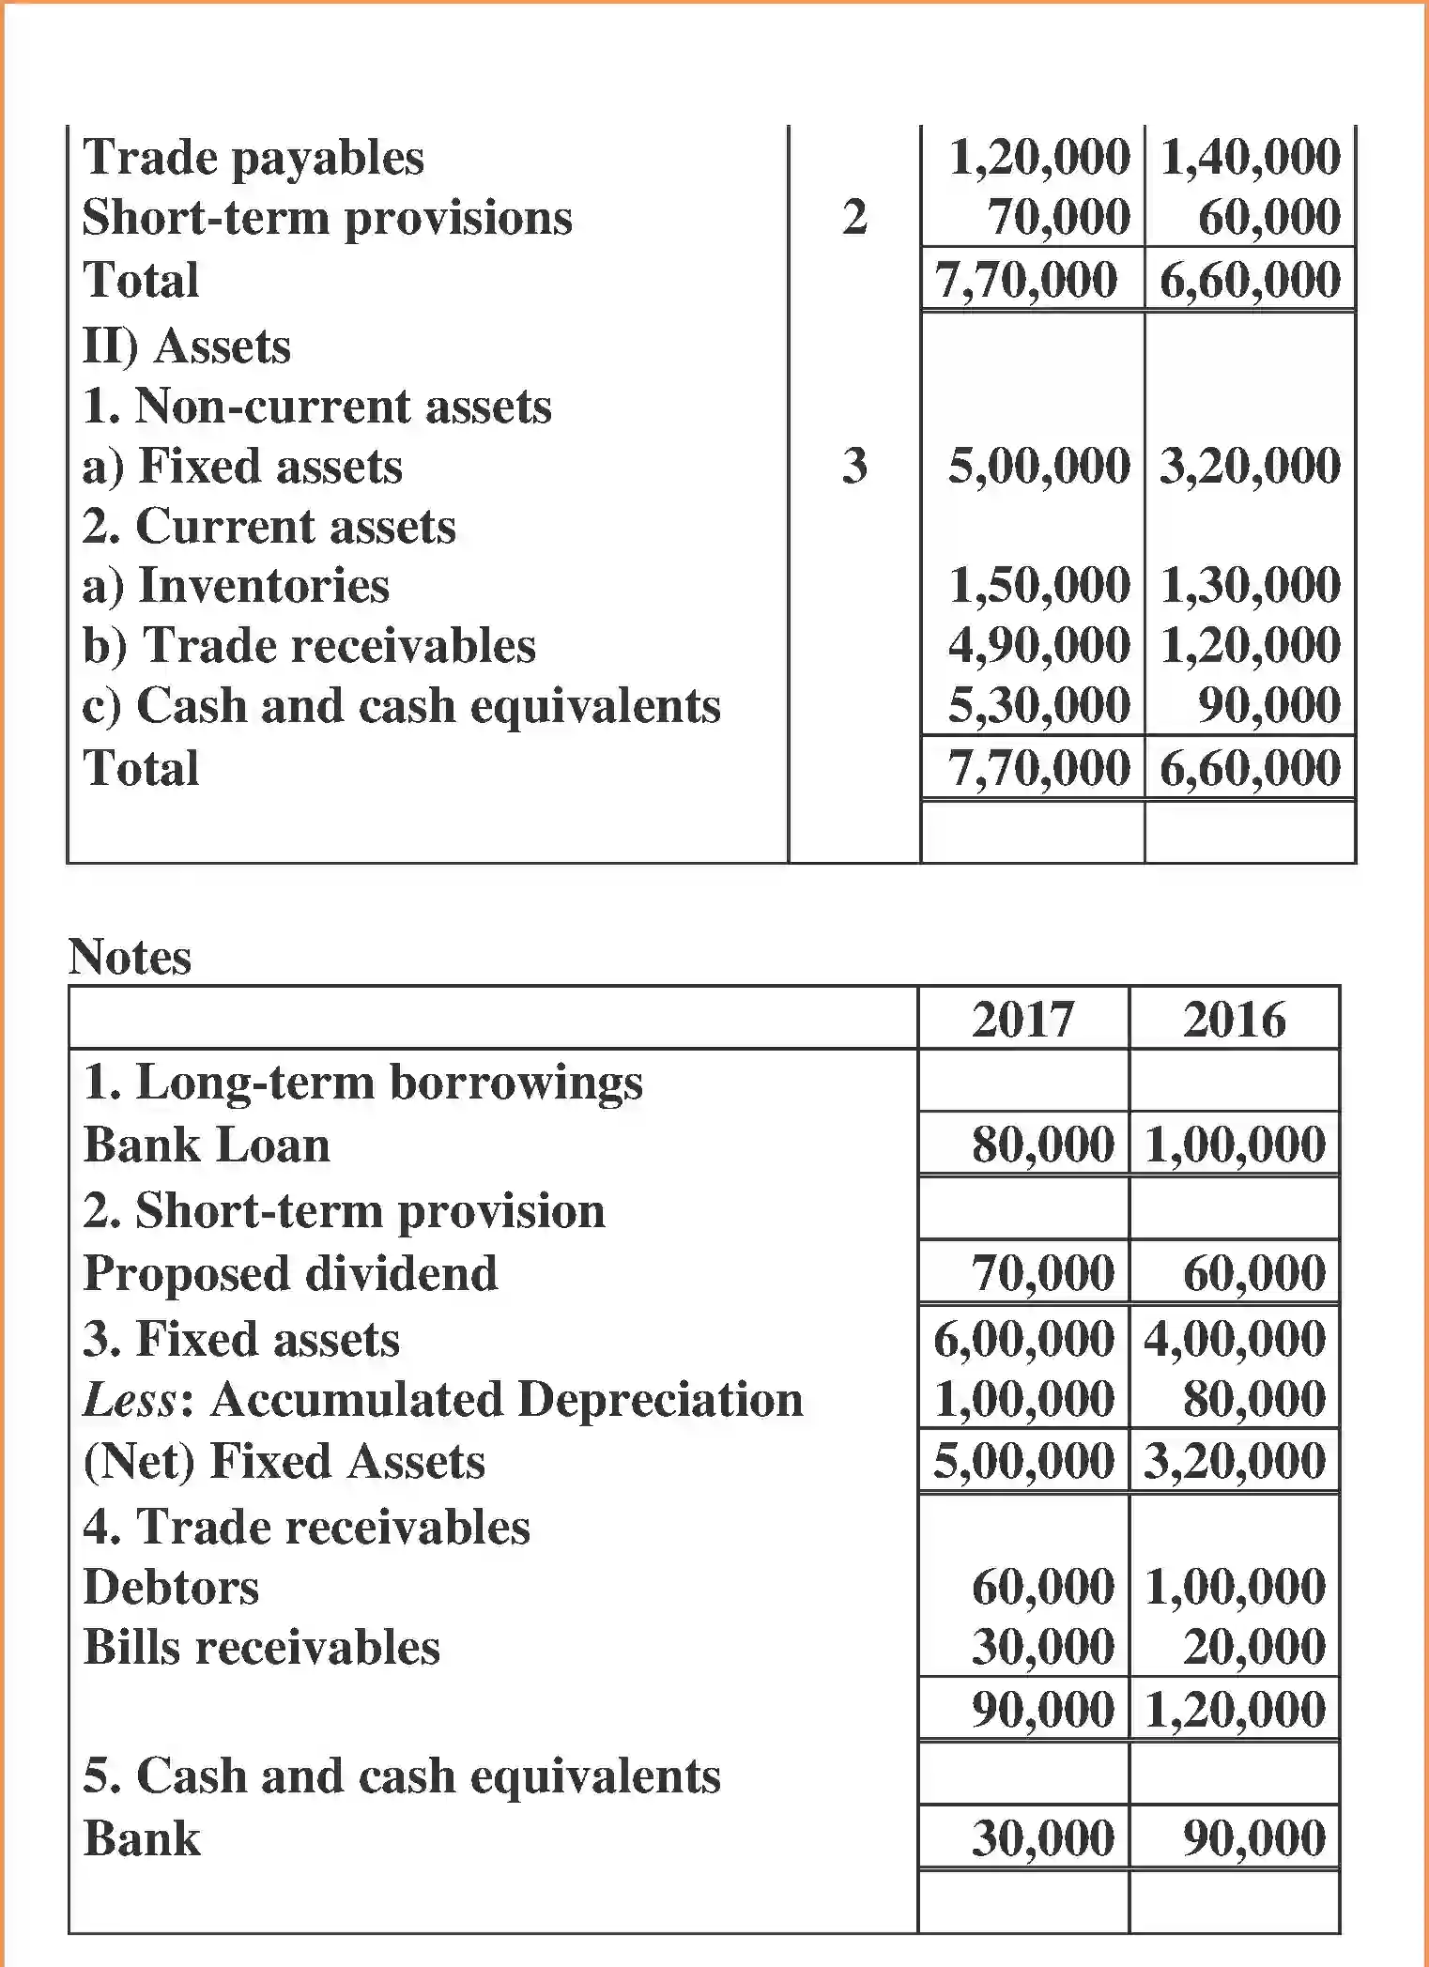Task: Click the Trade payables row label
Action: pos(254,157)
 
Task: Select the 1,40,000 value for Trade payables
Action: pos(1250,157)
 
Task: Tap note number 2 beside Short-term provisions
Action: pos(853,217)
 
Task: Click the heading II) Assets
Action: pos(187,346)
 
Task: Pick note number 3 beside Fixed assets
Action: pos(853,466)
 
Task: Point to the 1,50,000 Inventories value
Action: pos(1038,585)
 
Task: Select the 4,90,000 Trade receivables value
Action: pos(1038,645)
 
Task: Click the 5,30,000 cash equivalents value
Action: pos(1038,705)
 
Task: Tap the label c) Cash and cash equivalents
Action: pos(401,705)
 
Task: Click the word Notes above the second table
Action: pos(130,957)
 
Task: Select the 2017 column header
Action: pos(1022,1019)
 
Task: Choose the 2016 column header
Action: pos(1234,1019)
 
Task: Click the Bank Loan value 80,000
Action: pos(1042,1145)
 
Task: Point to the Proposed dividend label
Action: pos(290,1273)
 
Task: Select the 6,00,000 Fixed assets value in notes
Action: pos(1023,1338)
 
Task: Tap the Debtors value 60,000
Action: pos(1042,1587)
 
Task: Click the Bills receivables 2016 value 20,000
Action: pos(1253,1647)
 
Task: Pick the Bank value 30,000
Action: pos(1042,1837)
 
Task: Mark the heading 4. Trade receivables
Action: pos(306,1527)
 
